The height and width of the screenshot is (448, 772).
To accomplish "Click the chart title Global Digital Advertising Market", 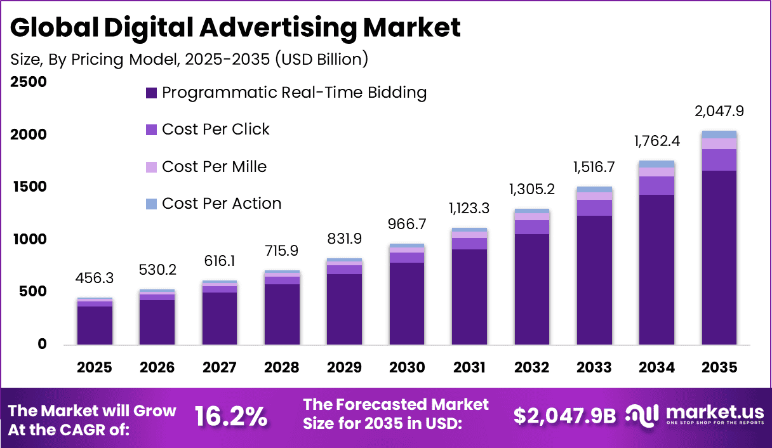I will [x=235, y=28].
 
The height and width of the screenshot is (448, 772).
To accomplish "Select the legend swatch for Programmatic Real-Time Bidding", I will [x=151, y=93].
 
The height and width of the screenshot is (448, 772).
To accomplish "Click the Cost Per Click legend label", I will [x=216, y=129].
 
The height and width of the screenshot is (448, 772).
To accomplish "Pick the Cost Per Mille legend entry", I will [x=214, y=166].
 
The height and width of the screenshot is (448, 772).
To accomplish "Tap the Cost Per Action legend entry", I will [x=222, y=204].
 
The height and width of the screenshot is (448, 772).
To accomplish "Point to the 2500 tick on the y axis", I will [x=28, y=82].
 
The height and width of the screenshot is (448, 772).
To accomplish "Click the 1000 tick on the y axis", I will [x=28, y=239].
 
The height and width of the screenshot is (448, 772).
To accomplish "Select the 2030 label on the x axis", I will [x=406, y=368].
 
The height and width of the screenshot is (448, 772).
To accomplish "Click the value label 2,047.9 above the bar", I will [x=719, y=112].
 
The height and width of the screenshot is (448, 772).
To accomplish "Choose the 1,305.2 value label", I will [x=531, y=190].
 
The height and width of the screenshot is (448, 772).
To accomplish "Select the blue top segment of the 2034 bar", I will [x=656, y=164].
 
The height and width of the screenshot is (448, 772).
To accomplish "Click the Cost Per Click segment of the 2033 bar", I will [x=594, y=208].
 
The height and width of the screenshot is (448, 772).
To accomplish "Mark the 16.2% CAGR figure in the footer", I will [x=231, y=417].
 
